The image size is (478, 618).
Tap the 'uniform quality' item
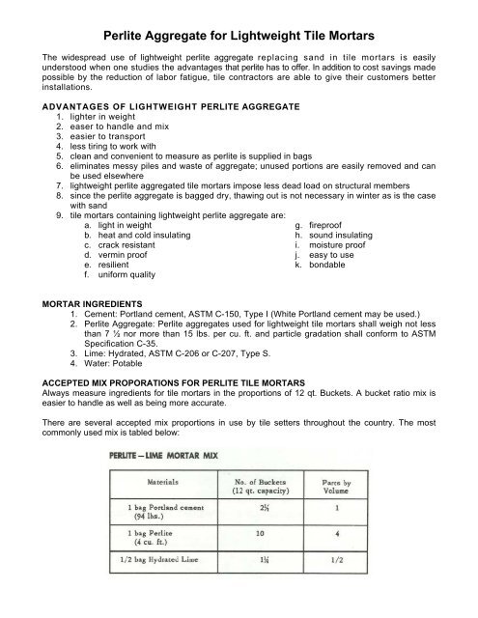129,274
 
